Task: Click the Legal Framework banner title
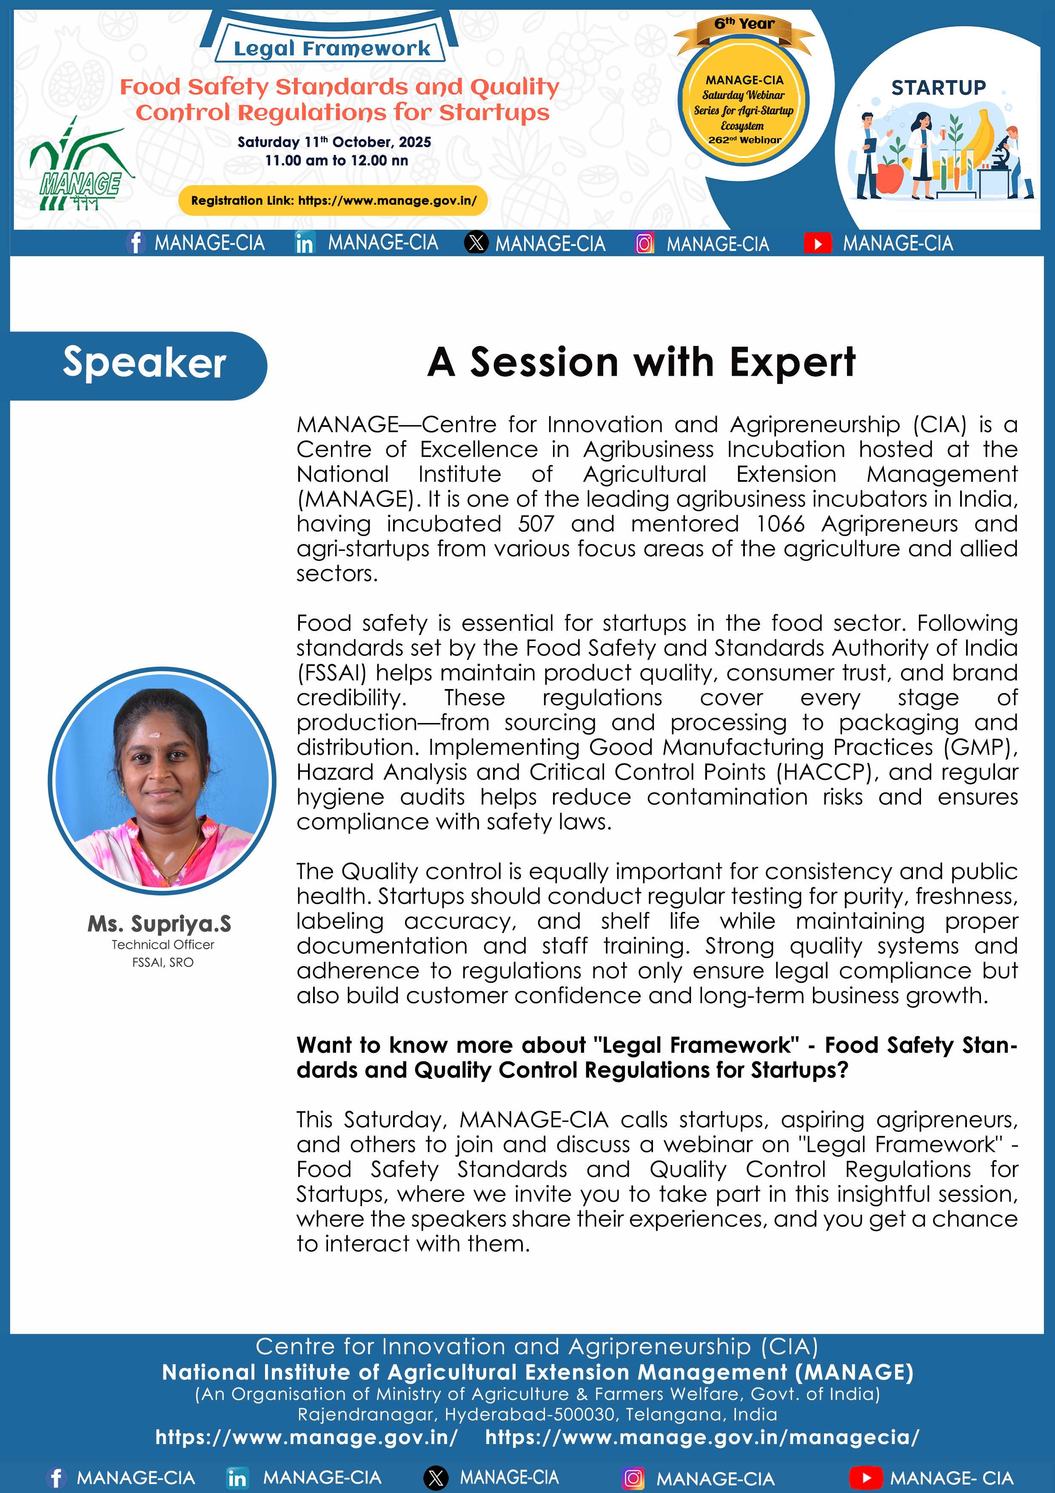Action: coord(331,48)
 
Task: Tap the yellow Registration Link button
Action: coord(333,201)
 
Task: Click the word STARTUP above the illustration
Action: coord(938,88)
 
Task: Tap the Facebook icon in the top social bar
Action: coord(135,243)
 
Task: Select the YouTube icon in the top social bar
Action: coord(818,244)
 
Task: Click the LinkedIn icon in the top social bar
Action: coord(304,243)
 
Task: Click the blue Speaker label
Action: coord(144,363)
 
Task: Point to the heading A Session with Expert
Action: coord(641,362)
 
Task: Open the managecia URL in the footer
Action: coord(702,1438)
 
